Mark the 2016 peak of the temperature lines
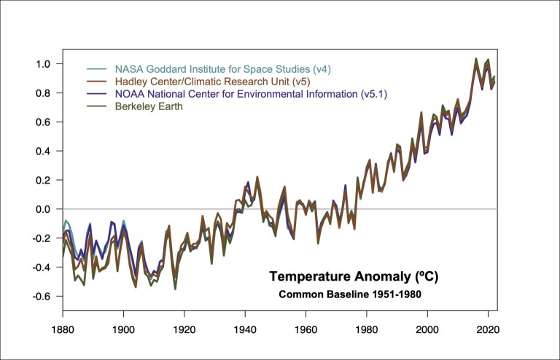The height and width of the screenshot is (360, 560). (x=476, y=60)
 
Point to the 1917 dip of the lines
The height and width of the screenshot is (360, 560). (x=175, y=286)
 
